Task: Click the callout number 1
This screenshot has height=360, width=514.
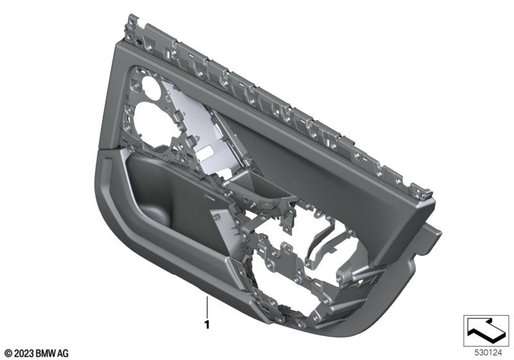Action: tap(206, 325)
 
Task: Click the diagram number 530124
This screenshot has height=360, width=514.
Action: tap(488, 353)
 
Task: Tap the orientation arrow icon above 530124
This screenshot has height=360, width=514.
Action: tap(486, 330)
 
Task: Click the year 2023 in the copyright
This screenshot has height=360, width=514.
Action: tap(24, 354)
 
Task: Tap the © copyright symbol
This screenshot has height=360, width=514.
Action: tap(9, 354)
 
